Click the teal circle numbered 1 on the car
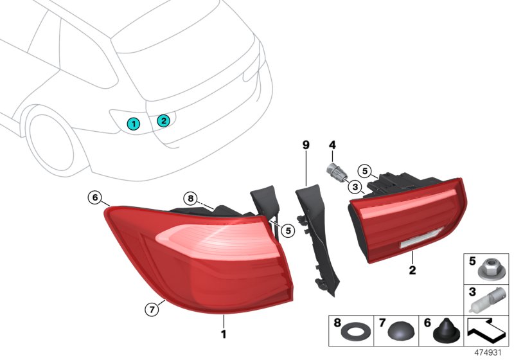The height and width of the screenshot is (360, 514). pos(133,123)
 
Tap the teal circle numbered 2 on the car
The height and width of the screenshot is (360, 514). pos(163,120)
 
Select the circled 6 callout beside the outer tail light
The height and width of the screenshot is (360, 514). pos(95,197)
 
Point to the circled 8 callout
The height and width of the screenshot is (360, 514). pos(190,198)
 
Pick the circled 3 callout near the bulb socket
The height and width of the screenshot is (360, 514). pos(354,186)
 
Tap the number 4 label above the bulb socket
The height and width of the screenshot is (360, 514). pos(333,145)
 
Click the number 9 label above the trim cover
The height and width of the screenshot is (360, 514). pos(306,145)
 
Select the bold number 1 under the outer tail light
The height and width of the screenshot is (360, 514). pos(224,334)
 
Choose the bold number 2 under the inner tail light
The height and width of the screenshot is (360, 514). pos(412,271)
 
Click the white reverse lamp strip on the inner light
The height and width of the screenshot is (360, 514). pos(416,242)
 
